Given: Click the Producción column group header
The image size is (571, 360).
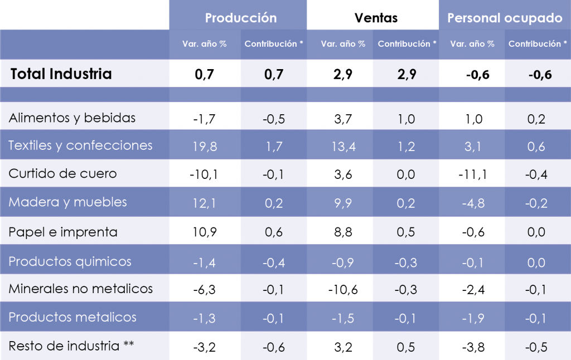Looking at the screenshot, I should (240, 18).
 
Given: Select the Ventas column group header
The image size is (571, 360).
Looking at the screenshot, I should (376, 18).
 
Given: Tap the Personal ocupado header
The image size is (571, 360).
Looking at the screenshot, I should (505, 18).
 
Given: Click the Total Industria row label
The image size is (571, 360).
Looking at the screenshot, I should (61, 74).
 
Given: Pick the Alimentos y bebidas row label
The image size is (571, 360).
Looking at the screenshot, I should (72, 118).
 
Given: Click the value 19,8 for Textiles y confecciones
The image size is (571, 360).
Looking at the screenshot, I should (204, 147).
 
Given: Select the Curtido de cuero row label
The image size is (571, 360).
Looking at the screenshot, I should (62, 173).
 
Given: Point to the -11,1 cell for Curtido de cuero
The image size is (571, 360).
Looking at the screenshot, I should (472, 175).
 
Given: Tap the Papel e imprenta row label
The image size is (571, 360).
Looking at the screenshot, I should (62, 232).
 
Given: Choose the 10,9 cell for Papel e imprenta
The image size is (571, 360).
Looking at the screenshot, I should (204, 232).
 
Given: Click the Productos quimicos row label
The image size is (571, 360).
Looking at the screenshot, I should (70, 261).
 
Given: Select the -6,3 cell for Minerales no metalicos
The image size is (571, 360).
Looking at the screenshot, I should (204, 289).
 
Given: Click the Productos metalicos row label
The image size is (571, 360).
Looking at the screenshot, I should (72, 317).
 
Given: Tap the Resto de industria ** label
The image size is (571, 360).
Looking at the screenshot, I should (71, 346).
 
